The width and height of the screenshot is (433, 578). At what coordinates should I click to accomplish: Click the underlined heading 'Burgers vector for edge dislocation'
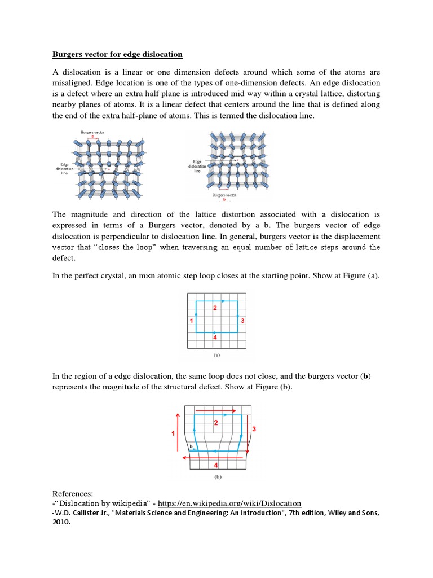point(117,55)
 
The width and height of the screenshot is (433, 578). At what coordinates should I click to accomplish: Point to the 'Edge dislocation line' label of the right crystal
point(197,166)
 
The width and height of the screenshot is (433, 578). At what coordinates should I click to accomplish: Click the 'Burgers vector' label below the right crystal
point(224,195)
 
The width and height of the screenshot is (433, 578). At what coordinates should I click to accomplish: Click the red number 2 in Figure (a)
point(215,308)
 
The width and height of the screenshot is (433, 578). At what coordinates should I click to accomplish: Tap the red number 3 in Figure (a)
point(242,321)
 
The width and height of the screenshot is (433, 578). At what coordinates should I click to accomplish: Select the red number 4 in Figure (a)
point(215,337)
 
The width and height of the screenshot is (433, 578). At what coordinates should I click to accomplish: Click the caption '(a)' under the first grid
point(216,356)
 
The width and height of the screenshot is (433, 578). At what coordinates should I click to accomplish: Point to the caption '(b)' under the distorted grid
point(217,476)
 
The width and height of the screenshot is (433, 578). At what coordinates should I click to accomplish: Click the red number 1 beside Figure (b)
point(173,433)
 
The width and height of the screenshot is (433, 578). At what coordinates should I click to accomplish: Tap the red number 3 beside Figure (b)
point(254,430)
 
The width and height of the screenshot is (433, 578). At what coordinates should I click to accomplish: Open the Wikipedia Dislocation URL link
point(229,503)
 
